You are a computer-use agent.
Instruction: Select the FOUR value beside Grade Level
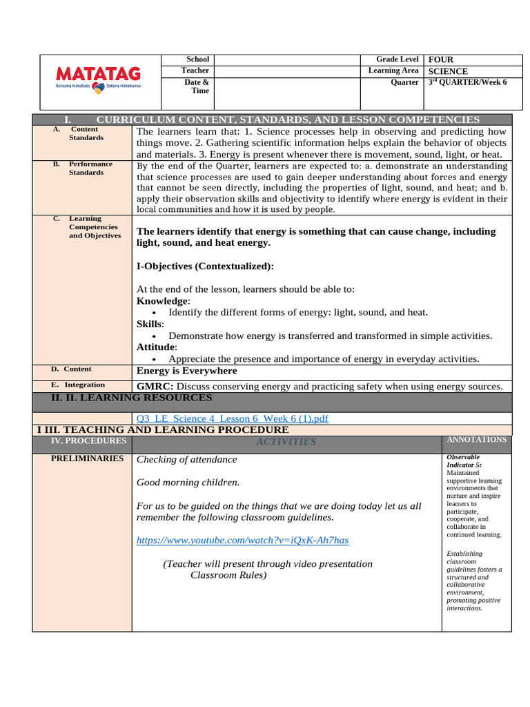coord(441,60)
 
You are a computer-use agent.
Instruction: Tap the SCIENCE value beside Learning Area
coord(448,71)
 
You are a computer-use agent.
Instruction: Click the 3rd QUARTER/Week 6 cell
coord(467,82)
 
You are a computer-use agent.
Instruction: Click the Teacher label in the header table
coord(195,70)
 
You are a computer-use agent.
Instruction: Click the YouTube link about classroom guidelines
coord(242,540)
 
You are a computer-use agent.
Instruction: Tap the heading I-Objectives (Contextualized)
coord(205,267)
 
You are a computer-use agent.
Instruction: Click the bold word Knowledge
coord(162,301)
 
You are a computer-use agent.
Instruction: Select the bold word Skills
coord(150,324)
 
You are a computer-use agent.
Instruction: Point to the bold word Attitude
coord(156,347)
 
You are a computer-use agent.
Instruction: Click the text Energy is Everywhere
coord(186,371)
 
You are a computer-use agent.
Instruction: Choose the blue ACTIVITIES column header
coord(286,442)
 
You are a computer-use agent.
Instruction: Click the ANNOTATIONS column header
coord(476,440)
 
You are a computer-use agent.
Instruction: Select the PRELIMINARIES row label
coord(88,458)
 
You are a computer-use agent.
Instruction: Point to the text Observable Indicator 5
coord(464,461)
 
